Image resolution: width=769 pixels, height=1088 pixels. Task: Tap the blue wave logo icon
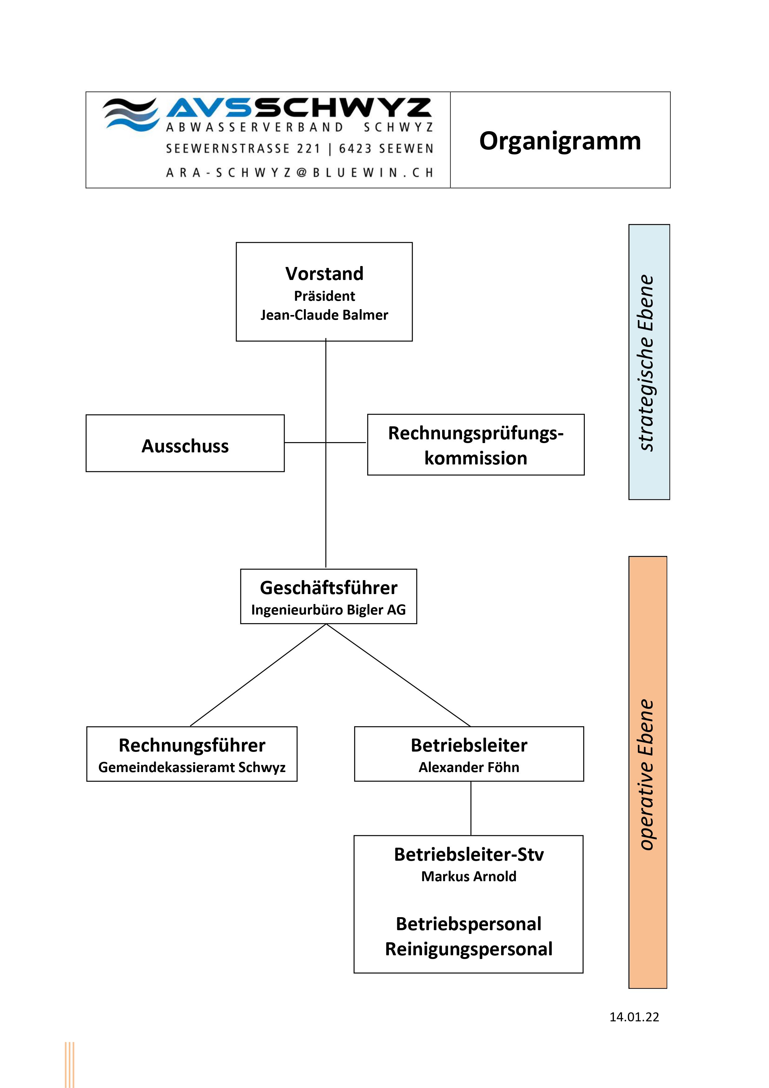point(131,114)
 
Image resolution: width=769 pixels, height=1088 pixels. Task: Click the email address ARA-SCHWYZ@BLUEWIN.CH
point(300,172)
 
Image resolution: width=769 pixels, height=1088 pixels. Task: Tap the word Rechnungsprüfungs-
point(476,433)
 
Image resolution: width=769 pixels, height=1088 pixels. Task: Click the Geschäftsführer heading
point(328,588)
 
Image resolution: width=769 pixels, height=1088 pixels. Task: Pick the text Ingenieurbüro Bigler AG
point(328,610)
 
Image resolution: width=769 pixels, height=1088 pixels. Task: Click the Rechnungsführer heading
point(192,745)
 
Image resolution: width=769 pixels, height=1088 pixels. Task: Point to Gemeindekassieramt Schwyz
point(192,768)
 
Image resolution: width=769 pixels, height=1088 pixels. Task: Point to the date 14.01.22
point(634,1017)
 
